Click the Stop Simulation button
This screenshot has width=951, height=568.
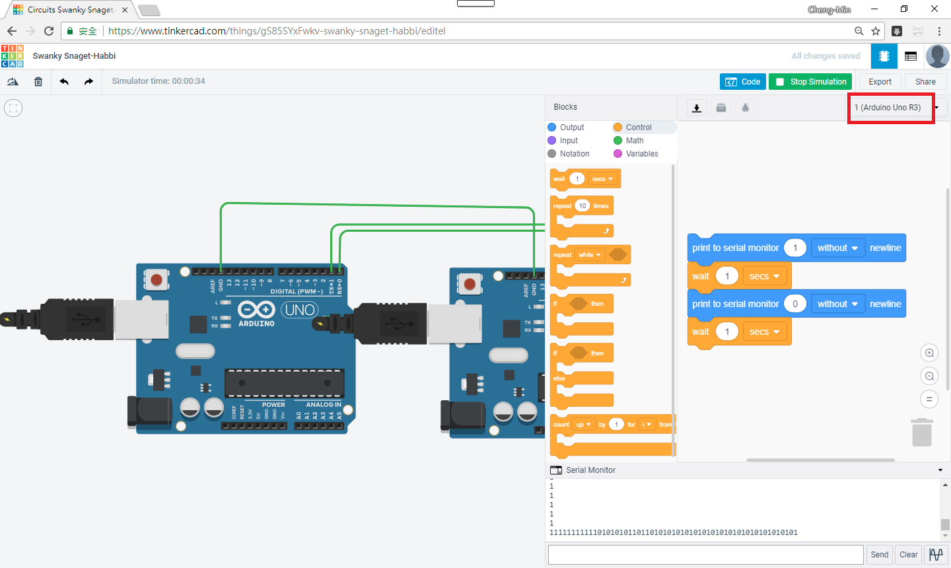[810, 82]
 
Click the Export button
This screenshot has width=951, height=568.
[880, 82]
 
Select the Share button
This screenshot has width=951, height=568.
[925, 82]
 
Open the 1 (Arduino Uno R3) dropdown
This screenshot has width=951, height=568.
[892, 108]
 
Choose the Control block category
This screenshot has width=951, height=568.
[638, 127]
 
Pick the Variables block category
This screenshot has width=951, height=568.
[641, 154]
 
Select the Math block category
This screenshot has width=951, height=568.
[634, 141]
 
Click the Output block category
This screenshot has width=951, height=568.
[571, 127]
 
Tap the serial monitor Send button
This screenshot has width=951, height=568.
[879, 555]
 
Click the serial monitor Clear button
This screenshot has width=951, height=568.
[908, 555]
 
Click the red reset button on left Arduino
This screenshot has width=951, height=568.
[157, 280]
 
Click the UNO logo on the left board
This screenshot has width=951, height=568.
[300, 310]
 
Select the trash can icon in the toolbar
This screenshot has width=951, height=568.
[38, 82]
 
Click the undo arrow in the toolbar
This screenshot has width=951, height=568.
[64, 82]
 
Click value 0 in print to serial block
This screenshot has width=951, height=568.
[794, 304]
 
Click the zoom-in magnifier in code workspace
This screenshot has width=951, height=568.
[929, 353]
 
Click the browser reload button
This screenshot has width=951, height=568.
[49, 31]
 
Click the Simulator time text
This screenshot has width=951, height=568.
[158, 81]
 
